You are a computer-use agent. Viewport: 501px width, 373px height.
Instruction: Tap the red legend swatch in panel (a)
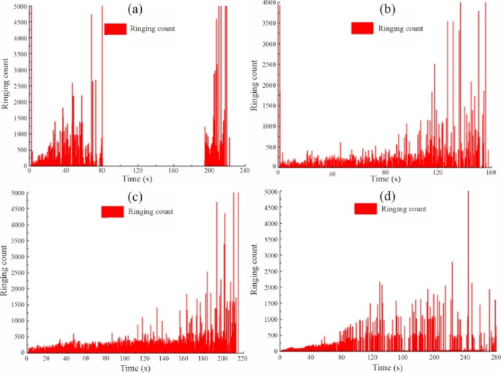coord(116,29)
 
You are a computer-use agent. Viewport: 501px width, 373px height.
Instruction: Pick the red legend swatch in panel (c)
coord(113,211)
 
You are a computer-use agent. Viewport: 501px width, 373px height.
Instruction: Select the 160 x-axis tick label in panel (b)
coord(489,173)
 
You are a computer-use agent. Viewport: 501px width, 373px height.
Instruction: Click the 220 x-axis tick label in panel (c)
coord(239,358)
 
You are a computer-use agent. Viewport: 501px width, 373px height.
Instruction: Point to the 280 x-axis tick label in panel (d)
coord(495,358)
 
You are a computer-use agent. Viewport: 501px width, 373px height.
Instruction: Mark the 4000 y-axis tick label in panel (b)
coord(268,4)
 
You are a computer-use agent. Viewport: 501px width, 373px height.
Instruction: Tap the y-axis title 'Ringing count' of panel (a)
coord(6,88)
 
